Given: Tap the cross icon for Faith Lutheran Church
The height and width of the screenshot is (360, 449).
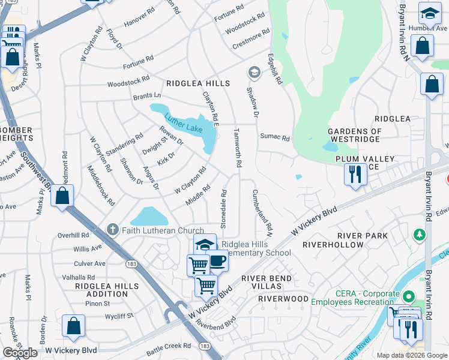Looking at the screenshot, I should click(x=112, y=229).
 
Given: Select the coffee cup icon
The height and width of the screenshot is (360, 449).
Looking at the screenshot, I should click(x=218, y=261).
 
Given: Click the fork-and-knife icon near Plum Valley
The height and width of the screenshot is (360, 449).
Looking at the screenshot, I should click(x=355, y=175).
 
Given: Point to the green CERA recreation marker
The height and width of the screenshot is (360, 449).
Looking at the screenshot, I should click(x=409, y=296).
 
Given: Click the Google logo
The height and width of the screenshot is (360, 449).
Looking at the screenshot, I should click(x=20, y=353).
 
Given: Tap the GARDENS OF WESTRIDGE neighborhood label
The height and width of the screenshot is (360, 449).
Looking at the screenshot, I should click(x=354, y=136).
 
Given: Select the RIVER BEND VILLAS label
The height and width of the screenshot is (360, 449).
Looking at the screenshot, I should click(x=267, y=283).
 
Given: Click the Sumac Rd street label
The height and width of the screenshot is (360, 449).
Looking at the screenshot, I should click(x=275, y=137).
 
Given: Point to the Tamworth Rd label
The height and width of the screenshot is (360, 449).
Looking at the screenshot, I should click(x=238, y=147).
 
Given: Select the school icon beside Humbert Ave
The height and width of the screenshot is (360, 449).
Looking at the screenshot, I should click(x=430, y=13).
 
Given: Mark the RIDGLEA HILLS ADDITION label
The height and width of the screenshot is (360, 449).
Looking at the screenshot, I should click(x=102, y=290).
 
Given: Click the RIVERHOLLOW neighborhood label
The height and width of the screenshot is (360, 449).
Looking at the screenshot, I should click(x=333, y=245).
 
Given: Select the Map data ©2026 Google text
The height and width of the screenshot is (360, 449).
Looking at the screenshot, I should click(x=412, y=355).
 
